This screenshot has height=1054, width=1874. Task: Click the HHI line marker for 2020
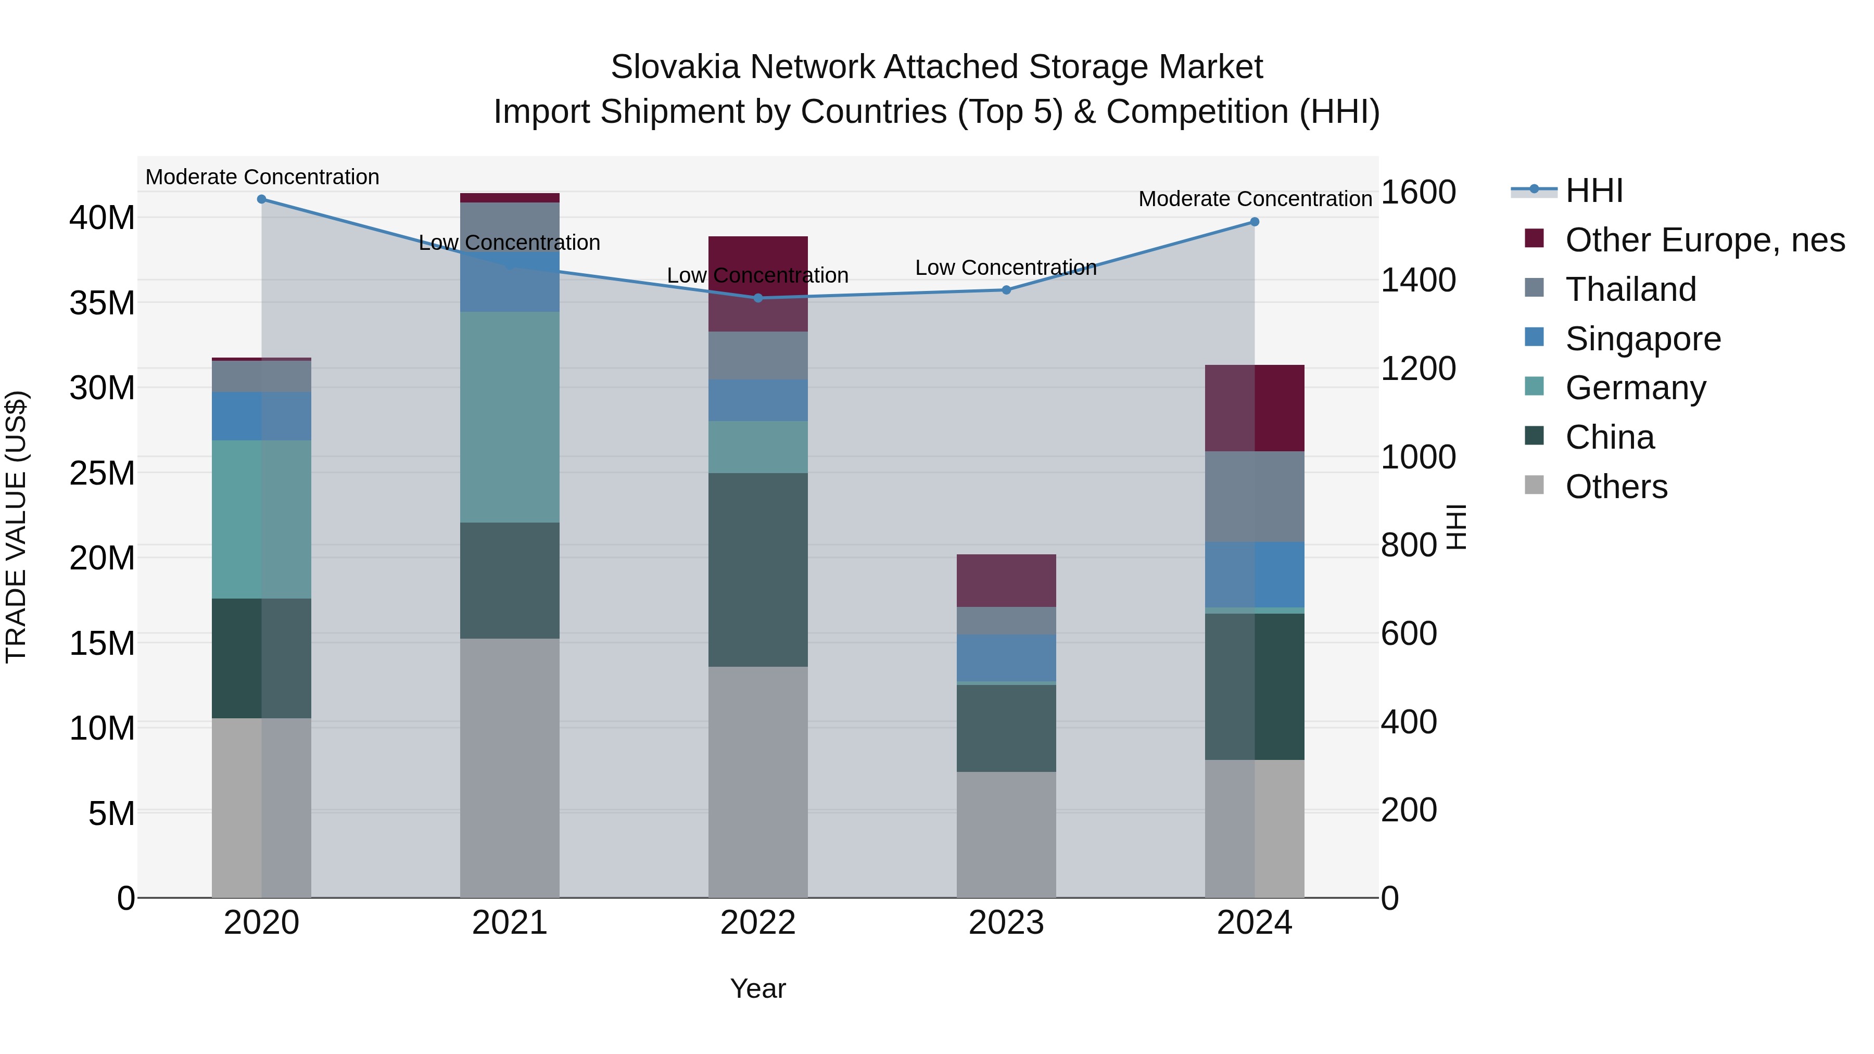point(261,199)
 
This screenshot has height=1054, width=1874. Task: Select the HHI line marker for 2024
point(1254,222)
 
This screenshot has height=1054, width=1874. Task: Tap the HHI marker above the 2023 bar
point(1006,290)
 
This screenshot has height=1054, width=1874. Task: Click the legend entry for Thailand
point(1630,289)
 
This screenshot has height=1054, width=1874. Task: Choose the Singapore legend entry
point(1643,339)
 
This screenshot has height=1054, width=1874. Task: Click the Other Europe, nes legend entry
point(1704,240)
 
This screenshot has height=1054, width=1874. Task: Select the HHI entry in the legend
point(1593,191)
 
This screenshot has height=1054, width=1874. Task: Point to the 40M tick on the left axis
point(102,218)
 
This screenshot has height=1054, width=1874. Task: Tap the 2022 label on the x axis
point(757,923)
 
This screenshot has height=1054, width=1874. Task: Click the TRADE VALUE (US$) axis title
point(16,527)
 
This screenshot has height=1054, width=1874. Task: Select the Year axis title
point(757,988)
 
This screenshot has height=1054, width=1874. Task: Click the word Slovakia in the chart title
point(675,68)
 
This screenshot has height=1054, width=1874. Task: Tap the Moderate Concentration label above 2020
point(262,177)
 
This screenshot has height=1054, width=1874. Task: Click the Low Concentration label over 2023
point(1005,268)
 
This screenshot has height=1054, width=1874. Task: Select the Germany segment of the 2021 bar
point(509,417)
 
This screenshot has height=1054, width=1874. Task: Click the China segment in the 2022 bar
point(757,569)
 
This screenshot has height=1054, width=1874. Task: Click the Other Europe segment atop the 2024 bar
point(1254,408)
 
